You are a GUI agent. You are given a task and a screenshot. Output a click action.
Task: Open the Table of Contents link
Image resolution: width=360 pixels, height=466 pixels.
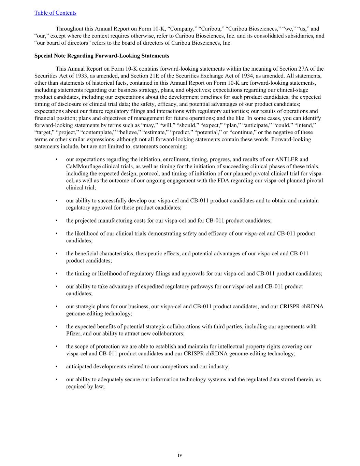pyautogui.click(x=55, y=13)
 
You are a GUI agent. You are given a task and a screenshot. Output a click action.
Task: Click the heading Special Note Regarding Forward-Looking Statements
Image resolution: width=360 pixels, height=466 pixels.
pyautogui.click(x=102, y=56)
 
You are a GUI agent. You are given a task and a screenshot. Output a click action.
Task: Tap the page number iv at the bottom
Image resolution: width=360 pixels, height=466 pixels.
pyautogui.click(x=180, y=455)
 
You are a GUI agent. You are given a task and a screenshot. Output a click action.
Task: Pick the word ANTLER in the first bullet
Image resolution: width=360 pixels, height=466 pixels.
pyautogui.click(x=286, y=159)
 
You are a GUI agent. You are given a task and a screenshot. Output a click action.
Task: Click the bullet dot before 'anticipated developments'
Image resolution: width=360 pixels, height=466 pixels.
pyautogui.click(x=56, y=367)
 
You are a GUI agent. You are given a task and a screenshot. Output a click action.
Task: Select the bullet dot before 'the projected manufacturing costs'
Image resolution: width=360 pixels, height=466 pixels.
pyautogui.click(x=56, y=221)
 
